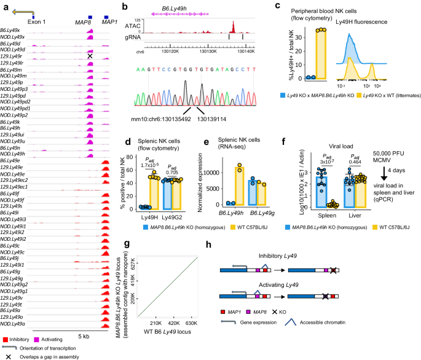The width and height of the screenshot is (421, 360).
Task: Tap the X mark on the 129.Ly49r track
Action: pos(90,56)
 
